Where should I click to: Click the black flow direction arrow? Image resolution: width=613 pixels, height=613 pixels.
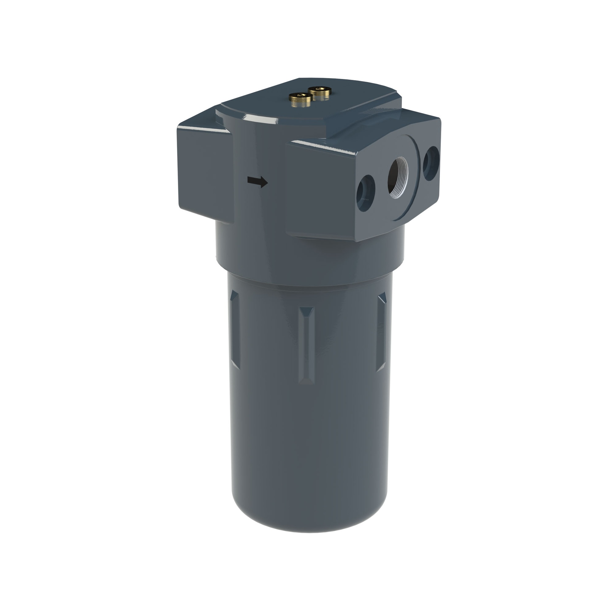point(257,182)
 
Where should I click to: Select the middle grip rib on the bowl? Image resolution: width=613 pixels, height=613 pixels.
point(306,345)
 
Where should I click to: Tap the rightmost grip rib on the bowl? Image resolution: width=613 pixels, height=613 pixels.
point(382,332)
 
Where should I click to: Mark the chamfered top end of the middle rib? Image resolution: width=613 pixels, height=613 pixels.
point(306,311)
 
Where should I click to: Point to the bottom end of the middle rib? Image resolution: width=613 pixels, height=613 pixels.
point(306,380)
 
